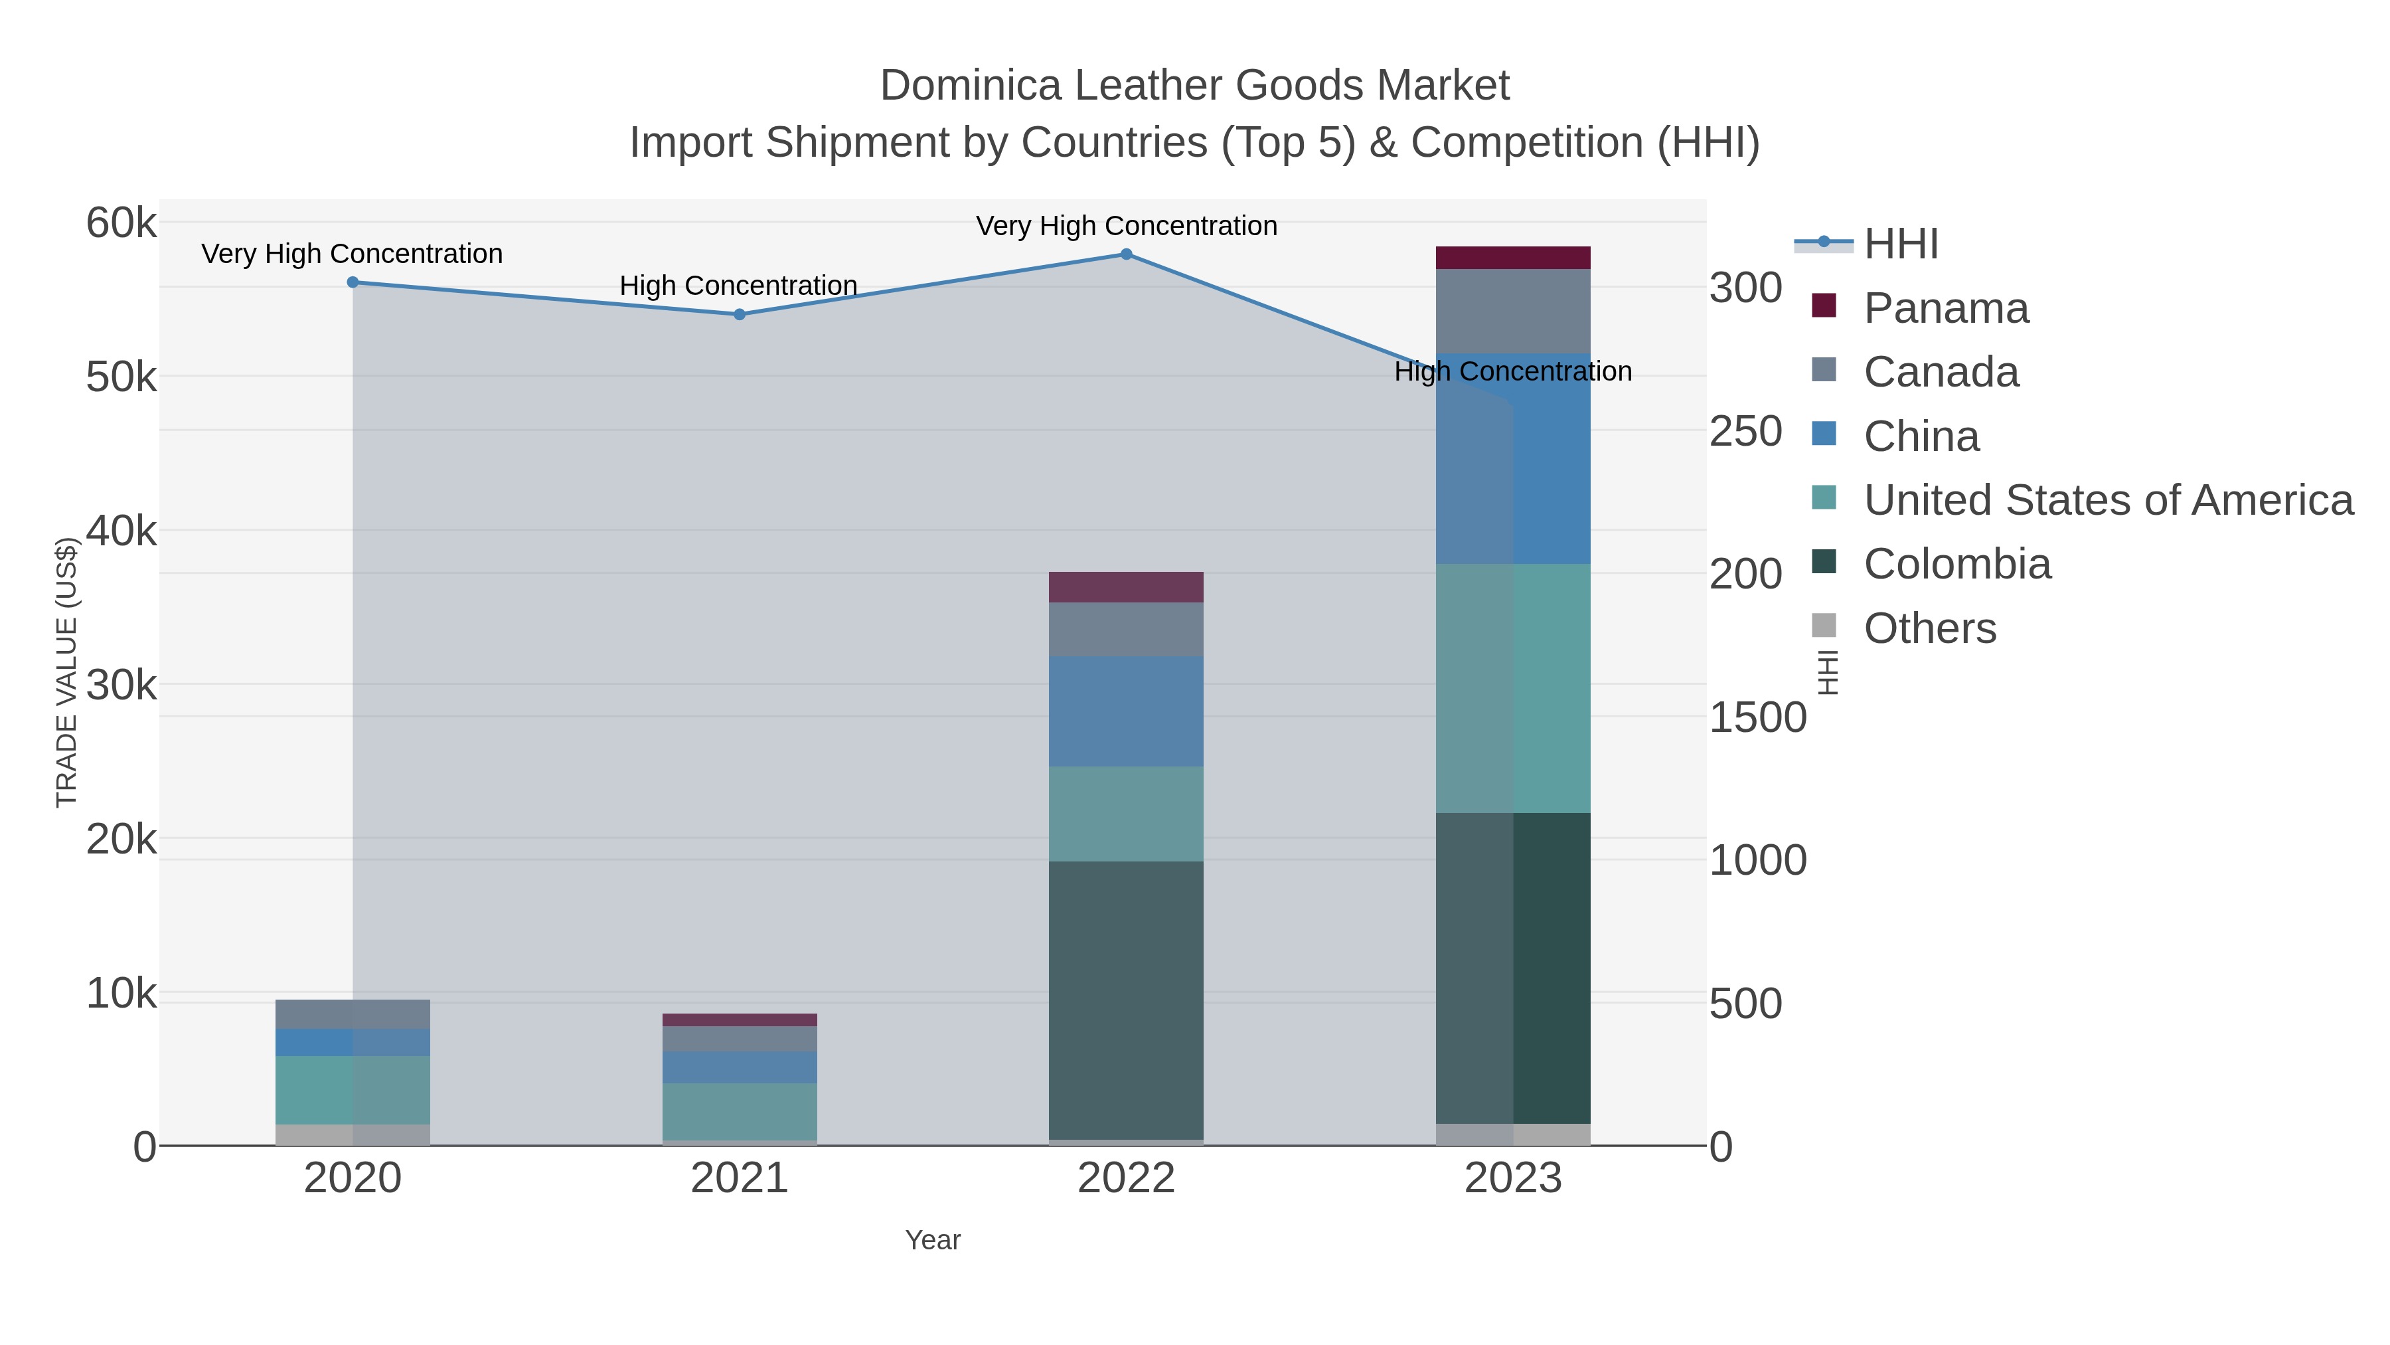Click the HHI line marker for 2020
(353, 282)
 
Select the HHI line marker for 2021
(740, 315)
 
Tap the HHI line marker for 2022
(1127, 254)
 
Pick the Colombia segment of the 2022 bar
(1127, 1000)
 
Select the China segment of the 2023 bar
(1512, 458)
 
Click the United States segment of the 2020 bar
(353, 1090)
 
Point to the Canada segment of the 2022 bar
(1127, 630)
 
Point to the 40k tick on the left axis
(121, 531)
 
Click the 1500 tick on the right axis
(1757, 717)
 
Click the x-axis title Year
(933, 1240)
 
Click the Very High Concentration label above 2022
(1127, 226)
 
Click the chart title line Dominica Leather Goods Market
(1194, 86)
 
